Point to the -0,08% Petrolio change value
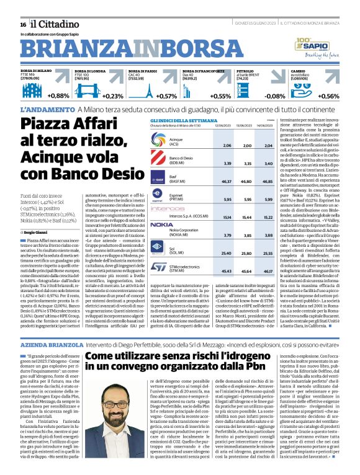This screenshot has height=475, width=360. tap(275, 96)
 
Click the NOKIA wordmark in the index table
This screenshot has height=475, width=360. tap(161, 224)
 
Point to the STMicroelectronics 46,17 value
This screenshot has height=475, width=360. tap(268, 270)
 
